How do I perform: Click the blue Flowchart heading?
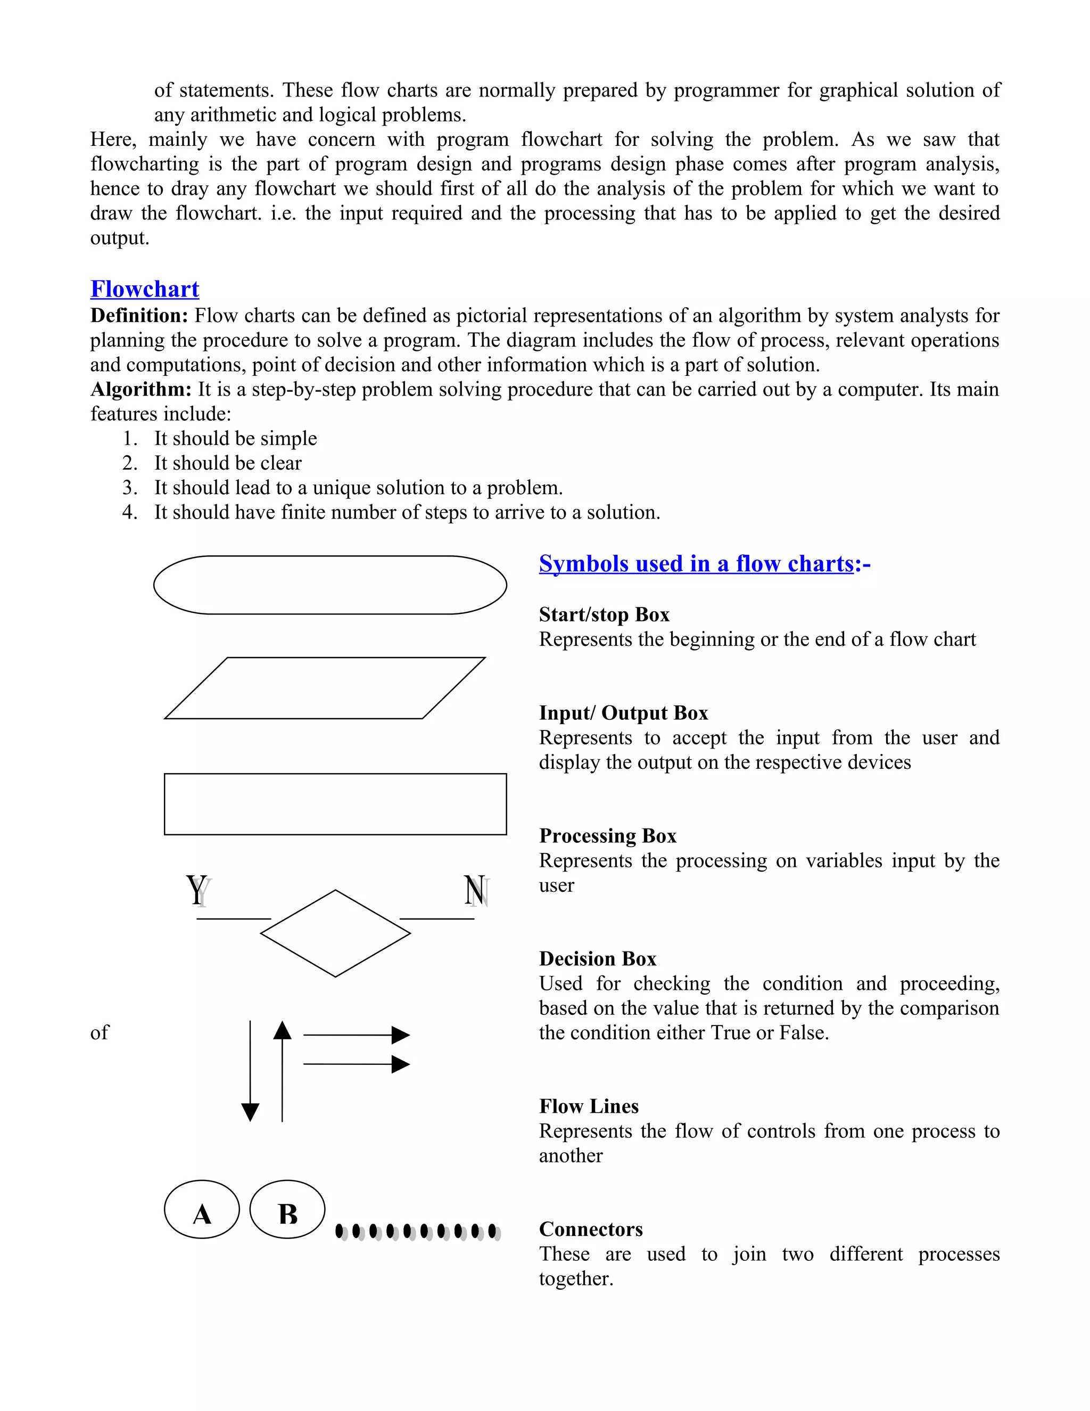[x=145, y=289]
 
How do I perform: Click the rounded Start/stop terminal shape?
[x=330, y=585]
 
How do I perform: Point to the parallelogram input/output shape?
[x=325, y=688]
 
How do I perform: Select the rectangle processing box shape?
[x=335, y=803]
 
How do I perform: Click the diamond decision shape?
[x=335, y=933]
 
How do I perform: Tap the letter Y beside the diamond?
[x=197, y=890]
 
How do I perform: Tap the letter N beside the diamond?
[x=475, y=890]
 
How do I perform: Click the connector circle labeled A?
[x=202, y=1209]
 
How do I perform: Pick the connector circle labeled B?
[x=287, y=1209]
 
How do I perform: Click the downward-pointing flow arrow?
[x=250, y=1072]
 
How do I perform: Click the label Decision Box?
[x=597, y=959]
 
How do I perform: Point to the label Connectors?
[x=591, y=1229]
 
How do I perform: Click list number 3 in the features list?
[x=130, y=487]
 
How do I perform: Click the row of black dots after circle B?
[x=418, y=1232]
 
